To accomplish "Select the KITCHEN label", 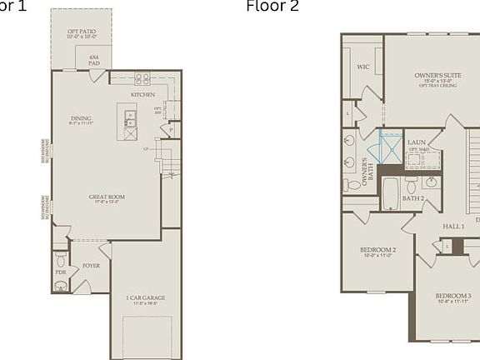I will point(142,95).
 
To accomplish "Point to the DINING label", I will point(81,119).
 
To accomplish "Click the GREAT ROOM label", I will point(107,198).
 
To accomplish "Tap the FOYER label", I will point(91,267).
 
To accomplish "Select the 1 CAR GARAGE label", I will point(145,299).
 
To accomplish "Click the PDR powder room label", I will point(61,272).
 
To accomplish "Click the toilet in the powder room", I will point(61,259).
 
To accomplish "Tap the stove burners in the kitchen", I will point(142,80).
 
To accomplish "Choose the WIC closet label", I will point(363,66).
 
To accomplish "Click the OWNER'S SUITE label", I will point(438,77).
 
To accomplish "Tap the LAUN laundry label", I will point(416,142).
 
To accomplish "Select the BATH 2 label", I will point(414,199).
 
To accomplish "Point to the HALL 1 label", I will point(453,227).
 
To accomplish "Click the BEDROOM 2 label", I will point(377,251).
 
